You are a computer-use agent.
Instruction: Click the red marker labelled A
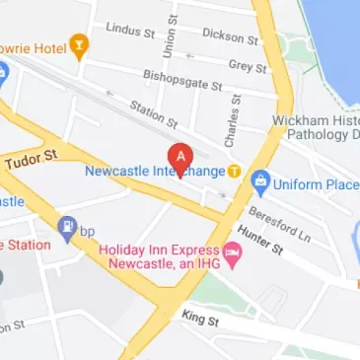pyautogui.click(x=180, y=156)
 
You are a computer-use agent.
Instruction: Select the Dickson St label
pyautogui.click(x=229, y=36)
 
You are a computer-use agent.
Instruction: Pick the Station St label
pyautogui.click(x=154, y=113)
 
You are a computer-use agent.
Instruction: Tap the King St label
pyautogui.click(x=200, y=319)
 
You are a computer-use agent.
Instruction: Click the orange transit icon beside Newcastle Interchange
pyautogui.click(x=234, y=171)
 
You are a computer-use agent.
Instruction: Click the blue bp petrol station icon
pyautogui.click(x=67, y=228)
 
